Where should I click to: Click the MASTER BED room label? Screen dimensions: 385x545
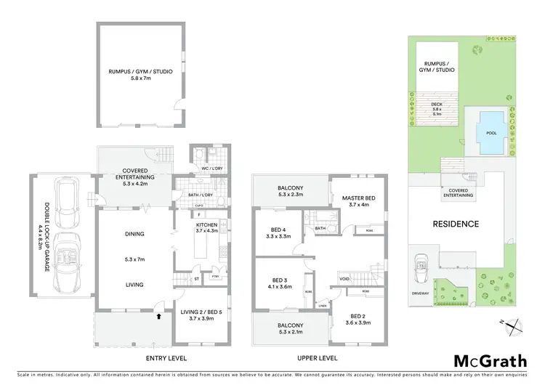click(x=353, y=203)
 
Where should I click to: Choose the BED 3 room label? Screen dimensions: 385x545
click(x=280, y=283)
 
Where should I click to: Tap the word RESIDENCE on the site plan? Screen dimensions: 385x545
click(x=456, y=224)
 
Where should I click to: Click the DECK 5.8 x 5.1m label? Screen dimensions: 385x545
click(x=437, y=110)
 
